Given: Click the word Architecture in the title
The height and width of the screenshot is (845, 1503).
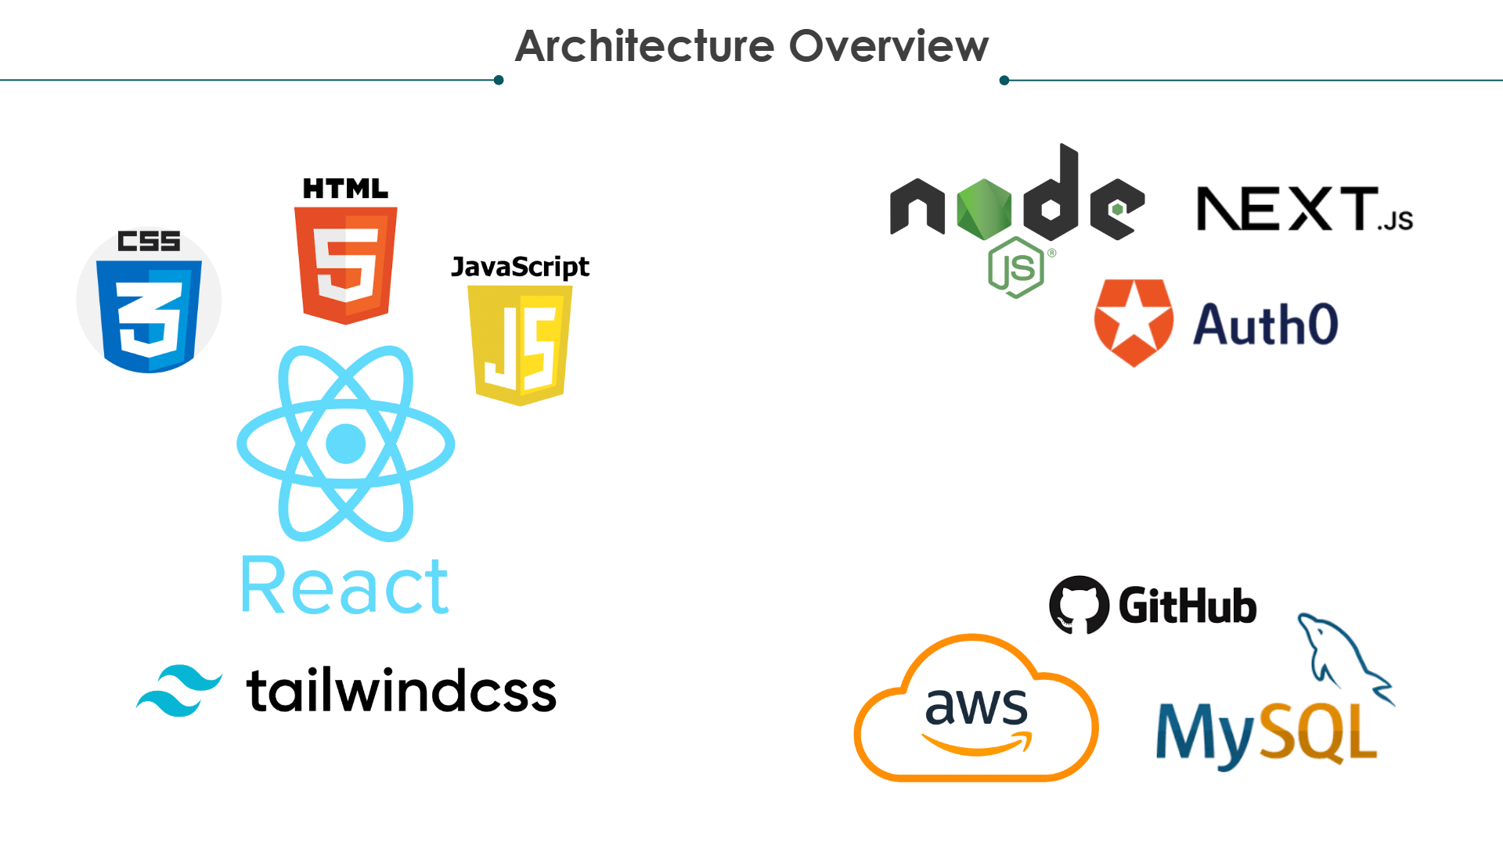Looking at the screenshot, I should coord(644,46).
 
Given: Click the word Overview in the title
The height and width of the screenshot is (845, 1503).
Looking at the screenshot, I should coord(888,46).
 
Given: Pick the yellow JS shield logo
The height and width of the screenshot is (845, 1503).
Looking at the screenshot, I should coord(520,345).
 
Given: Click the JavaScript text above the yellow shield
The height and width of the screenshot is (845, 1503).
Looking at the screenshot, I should coord(520,267).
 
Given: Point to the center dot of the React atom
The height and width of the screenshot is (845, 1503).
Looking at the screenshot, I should coord(345,444).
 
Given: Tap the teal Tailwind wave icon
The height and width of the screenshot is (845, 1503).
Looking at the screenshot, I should coord(179,690).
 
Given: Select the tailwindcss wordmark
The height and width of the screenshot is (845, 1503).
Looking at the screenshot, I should coord(401,691).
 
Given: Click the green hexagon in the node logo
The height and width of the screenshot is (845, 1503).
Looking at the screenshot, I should coord(984,209).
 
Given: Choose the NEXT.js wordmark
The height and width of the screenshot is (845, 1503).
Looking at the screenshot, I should coord(1304,209).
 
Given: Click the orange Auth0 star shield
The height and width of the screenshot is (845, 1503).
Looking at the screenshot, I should coord(1134,322).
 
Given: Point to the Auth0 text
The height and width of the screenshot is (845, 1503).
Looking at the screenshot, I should coord(1265,325).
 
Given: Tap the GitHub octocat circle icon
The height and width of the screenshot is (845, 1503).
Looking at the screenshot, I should coord(1079,605).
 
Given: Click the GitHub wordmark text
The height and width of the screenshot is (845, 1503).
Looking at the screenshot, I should coord(1187,606).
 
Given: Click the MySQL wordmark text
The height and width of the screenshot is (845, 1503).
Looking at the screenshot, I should coord(1266,733).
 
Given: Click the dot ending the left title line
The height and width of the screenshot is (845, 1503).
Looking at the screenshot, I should coord(499,80).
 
